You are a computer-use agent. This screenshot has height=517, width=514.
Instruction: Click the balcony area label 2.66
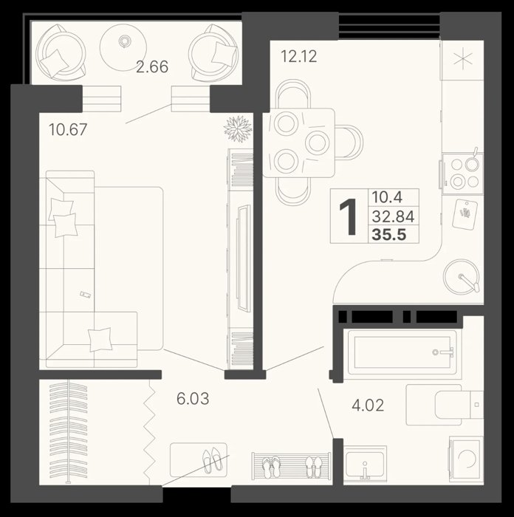click(152, 66)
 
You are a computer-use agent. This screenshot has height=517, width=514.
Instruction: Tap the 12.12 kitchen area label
click(298, 56)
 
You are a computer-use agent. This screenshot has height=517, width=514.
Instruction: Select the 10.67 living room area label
click(68, 129)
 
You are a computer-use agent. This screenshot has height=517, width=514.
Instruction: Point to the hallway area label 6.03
click(193, 399)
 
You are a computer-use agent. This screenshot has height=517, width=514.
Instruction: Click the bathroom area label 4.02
click(368, 405)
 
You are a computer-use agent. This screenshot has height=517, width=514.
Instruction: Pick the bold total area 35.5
click(389, 235)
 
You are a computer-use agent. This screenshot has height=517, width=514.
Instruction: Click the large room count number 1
click(348, 217)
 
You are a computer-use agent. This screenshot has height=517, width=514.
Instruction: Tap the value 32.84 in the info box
click(393, 216)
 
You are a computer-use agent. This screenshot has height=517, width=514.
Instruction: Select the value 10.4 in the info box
click(387, 197)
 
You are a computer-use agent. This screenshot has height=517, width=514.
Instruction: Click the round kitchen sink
click(461, 276)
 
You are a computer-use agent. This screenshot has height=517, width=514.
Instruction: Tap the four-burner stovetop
click(462, 174)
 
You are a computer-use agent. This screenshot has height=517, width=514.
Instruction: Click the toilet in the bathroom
click(445, 405)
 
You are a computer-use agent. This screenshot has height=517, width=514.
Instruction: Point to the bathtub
click(400, 352)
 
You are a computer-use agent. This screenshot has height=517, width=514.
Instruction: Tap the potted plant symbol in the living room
click(238, 129)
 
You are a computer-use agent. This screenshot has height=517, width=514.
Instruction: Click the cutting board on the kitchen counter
click(465, 214)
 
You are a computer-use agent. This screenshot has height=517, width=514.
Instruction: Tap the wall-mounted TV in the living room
click(244, 258)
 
